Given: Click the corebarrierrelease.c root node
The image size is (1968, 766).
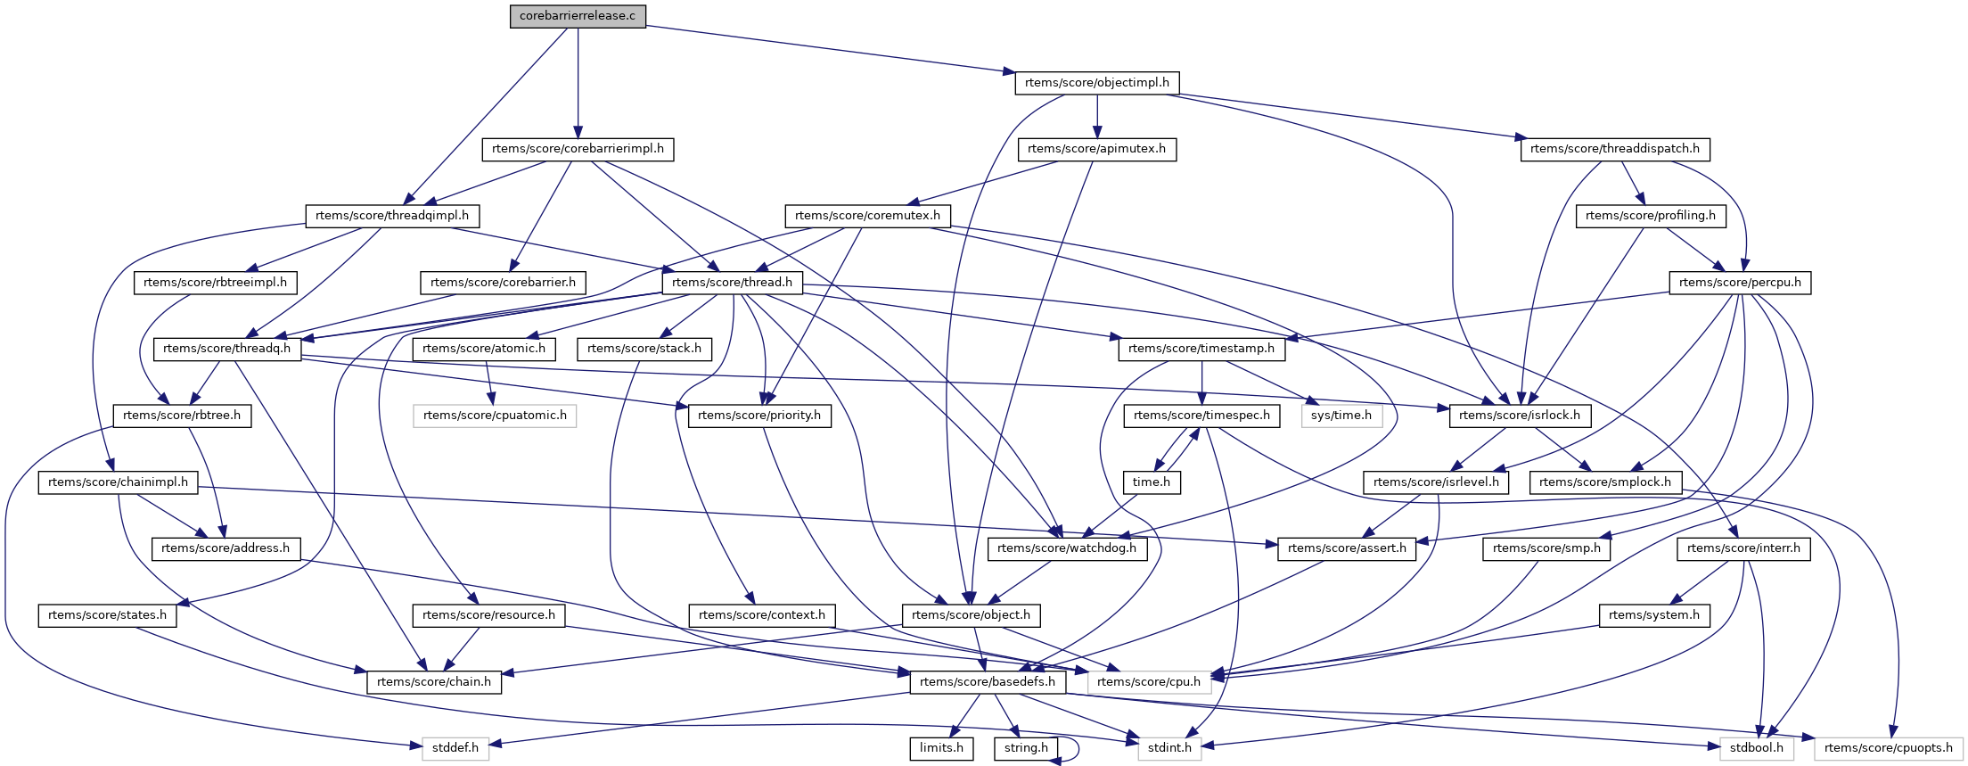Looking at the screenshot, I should point(578,16).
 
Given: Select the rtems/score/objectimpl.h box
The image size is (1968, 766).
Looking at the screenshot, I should point(1096,83).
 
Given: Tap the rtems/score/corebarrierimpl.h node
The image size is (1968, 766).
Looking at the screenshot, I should point(578,149).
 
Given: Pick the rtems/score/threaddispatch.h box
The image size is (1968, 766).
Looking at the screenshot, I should point(1614,149).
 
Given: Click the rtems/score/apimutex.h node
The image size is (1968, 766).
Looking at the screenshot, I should point(1096,149).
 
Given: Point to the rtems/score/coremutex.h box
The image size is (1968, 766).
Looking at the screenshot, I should point(867,216).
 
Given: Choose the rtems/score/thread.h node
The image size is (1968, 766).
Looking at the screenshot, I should point(732,283).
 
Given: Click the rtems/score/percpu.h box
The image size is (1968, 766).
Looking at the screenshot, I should point(1740,283).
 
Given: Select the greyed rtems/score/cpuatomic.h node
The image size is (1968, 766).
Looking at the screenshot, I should point(495,416).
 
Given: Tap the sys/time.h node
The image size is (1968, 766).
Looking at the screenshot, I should point(1341,416).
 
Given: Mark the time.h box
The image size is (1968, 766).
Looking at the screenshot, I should point(1152,482).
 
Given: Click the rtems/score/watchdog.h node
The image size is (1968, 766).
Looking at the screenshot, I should point(1067,548).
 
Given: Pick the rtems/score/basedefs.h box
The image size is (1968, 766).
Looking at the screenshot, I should point(988,682).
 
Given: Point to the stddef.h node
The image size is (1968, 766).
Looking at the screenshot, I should point(455,748).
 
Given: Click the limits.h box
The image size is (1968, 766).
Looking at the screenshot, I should point(941,748).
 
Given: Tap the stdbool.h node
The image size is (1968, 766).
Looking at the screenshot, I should point(1756,748).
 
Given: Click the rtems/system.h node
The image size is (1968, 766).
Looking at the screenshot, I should point(1654,615).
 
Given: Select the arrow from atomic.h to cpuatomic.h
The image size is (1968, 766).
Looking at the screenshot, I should point(488,383).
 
